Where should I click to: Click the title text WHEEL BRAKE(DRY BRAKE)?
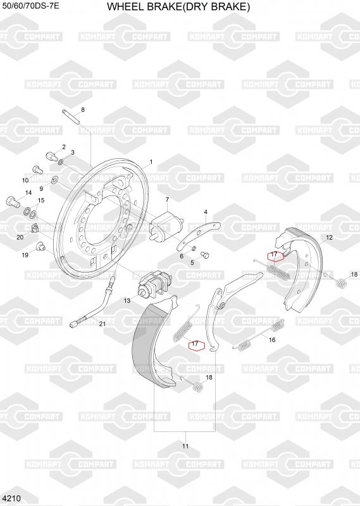tap(178, 6)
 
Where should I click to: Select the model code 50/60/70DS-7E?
tap(30, 6)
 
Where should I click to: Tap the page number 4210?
tap(11, 498)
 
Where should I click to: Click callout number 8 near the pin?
tap(83, 109)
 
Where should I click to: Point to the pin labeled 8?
tap(71, 116)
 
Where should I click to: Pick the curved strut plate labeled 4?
tap(198, 236)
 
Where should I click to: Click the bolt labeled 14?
tap(13, 202)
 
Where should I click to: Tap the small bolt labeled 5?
tap(205, 255)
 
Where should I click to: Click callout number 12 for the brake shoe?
tap(329, 238)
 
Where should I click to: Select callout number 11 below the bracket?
tap(185, 446)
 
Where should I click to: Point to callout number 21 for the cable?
tap(102, 324)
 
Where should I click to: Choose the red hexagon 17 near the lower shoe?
tap(197, 345)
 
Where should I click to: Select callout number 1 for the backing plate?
tap(151, 162)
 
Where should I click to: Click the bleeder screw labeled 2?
tap(52, 157)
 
